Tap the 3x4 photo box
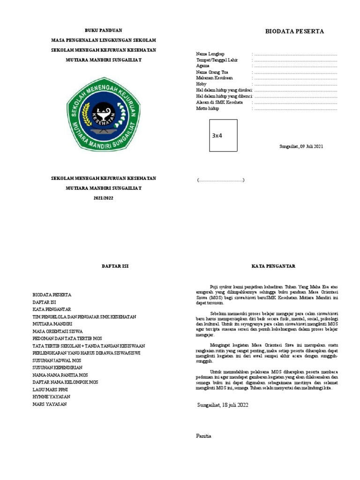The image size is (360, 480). click(x=223, y=135)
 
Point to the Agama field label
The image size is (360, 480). click(x=203, y=66)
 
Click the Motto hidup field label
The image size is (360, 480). click(x=208, y=108)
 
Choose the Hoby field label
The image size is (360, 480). click(x=201, y=84)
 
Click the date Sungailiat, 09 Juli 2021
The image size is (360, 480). click(x=301, y=146)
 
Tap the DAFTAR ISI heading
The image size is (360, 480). click(x=115, y=266)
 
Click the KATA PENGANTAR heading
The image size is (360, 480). click(x=273, y=266)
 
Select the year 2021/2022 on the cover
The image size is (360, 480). click(x=103, y=198)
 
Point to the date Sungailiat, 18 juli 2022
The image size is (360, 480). click(x=223, y=405)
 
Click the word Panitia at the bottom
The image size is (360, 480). click(x=203, y=436)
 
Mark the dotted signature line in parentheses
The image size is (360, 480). click(x=220, y=180)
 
